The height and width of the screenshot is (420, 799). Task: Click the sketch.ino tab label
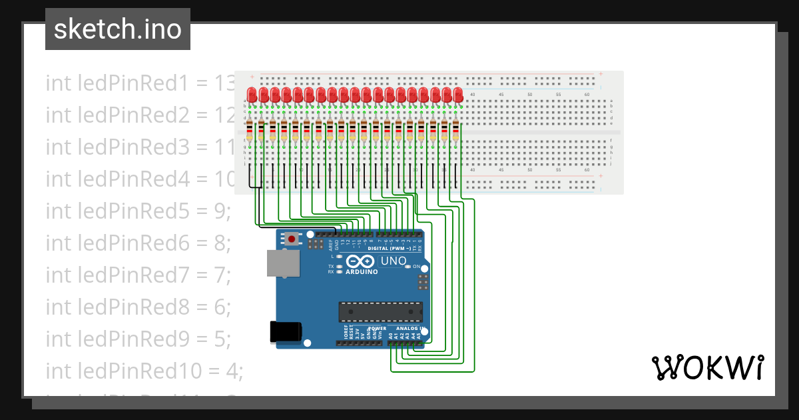(x=118, y=29)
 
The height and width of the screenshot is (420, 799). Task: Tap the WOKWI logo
(x=707, y=367)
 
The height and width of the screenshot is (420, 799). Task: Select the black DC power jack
(x=286, y=331)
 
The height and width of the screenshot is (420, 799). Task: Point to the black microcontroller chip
(x=380, y=311)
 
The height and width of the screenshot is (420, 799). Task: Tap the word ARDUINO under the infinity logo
(x=362, y=272)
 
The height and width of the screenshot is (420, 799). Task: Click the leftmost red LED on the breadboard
(x=252, y=94)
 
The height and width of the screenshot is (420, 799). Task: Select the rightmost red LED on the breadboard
(x=457, y=94)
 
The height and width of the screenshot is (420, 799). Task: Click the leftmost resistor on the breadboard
(x=250, y=131)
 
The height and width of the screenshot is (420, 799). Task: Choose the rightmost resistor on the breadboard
(x=456, y=131)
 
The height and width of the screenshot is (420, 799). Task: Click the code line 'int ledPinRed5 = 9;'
(x=138, y=211)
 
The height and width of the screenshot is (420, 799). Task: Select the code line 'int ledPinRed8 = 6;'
(x=138, y=307)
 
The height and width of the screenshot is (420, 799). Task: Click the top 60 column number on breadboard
(x=587, y=95)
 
